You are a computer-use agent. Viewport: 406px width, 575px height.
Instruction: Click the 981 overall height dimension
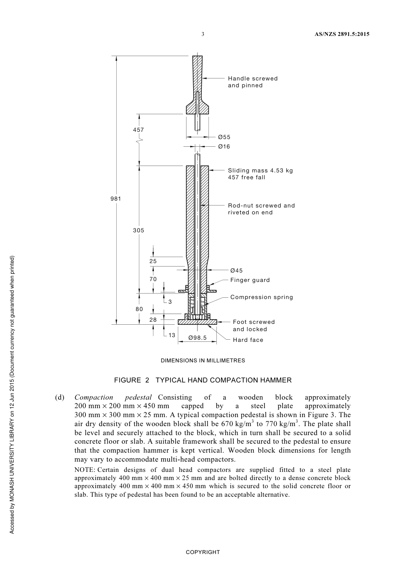[x=116, y=199]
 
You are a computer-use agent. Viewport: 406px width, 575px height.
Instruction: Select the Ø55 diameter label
[x=224, y=137]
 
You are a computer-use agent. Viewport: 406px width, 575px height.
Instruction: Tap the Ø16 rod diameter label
[x=224, y=147]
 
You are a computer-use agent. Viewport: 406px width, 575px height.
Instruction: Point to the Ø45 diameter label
[x=236, y=270]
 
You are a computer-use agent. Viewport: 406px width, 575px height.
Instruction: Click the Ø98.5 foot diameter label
[x=197, y=338]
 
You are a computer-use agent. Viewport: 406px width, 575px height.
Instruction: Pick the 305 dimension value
[x=138, y=230]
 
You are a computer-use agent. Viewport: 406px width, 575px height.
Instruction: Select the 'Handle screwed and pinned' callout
[x=253, y=82]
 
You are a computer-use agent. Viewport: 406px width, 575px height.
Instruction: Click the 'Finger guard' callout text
[x=250, y=280]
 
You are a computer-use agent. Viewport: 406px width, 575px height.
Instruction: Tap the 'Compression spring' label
[x=262, y=297]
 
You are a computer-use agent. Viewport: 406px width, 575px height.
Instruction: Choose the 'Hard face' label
[x=248, y=340]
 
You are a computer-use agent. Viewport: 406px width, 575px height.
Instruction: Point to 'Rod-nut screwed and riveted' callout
[x=261, y=209]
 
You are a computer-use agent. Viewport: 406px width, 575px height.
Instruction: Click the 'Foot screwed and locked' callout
[x=253, y=326]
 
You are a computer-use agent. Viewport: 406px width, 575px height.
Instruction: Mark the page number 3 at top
[x=203, y=34]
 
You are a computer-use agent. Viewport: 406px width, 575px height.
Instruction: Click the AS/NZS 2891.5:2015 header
[x=338, y=34]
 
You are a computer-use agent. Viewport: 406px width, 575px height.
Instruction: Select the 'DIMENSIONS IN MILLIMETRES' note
[x=203, y=360]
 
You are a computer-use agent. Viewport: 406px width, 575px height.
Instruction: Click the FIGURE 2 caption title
[x=203, y=380]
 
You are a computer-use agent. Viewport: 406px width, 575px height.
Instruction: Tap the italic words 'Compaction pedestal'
[x=113, y=397]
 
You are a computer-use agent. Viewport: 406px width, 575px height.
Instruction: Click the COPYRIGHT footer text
[x=203, y=552]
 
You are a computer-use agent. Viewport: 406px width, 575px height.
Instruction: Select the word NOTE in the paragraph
[x=85, y=470]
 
